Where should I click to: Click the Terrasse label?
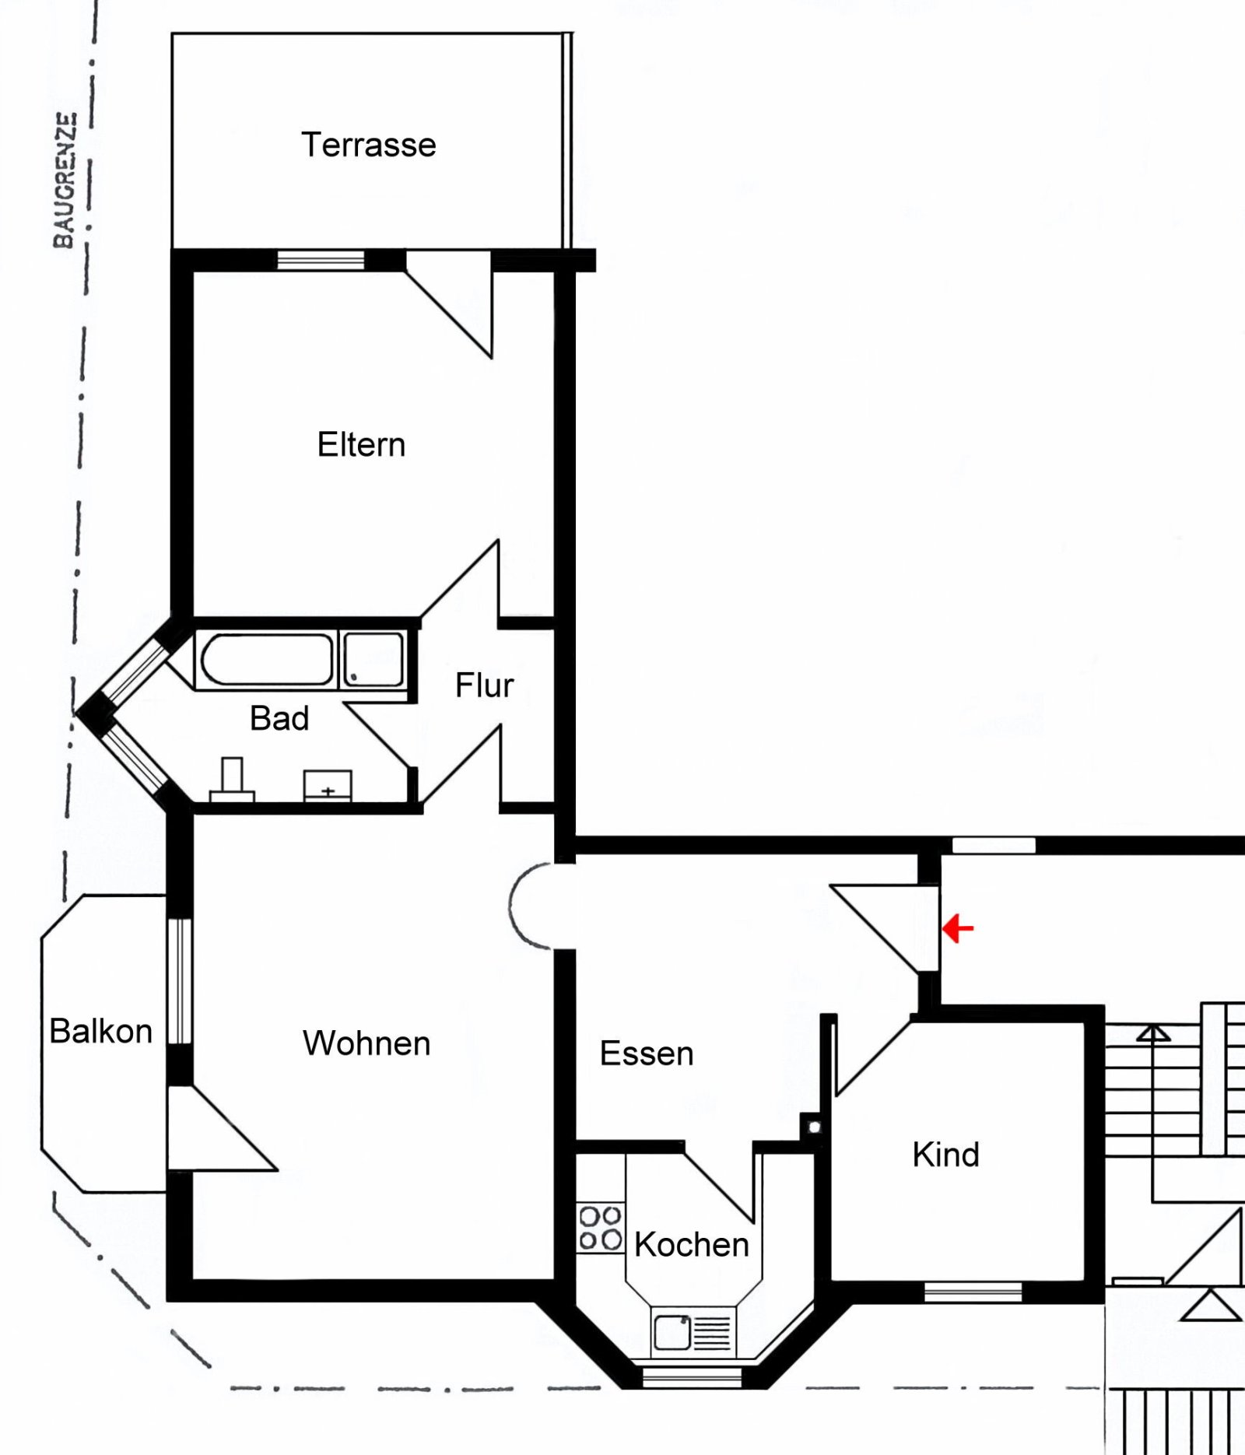pyautogui.click(x=368, y=145)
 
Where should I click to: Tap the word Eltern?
pyautogui.click(x=361, y=444)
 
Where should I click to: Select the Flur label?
pyautogui.click(x=484, y=685)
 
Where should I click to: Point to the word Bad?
pyautogui.click(x=279, y=717)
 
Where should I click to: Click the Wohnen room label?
pyautogui.click(x=366, y=1043)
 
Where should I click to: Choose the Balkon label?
pyautogui.click(x=100, y=1031)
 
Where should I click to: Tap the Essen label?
pyautogui.click(x=647, y=1053)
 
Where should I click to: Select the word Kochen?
pyautogui.click(x=692, y=1244)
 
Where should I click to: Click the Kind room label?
pyautogui.click(x=946, y=1154)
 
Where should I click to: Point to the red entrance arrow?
pyautogui.click(x=958, y=928)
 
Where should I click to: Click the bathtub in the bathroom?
pyautogui.click(x=266, y=659)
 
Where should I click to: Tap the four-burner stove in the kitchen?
pyautogui.click(x=600, y=1228)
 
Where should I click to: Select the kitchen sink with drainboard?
pyautogui.click(x=693, y=1331)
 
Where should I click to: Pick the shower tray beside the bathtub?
pyautogui.click(x=373, y=658)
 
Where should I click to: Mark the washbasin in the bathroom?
pyautogui.click(x=328, y=786)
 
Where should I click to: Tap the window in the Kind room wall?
pyautogui.click(x=973, y=1292)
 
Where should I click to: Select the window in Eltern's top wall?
pyautogui.click(x=321, y=260)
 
